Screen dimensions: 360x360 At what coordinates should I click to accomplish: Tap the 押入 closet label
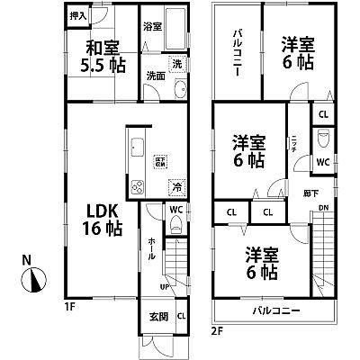pos(78,17)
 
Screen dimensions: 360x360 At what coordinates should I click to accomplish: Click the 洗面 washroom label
pos(155,76)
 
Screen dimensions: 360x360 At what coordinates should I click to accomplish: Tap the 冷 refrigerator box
pos(177,188)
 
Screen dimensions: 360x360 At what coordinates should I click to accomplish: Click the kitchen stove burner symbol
pos(139,186)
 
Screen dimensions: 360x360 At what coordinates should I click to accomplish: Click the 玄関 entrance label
pos(158,316)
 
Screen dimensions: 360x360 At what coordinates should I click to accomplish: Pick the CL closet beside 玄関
pos(181,316)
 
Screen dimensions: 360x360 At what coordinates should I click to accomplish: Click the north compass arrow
pos(32,283)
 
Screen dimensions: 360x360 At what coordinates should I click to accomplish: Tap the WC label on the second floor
pos(322,162)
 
